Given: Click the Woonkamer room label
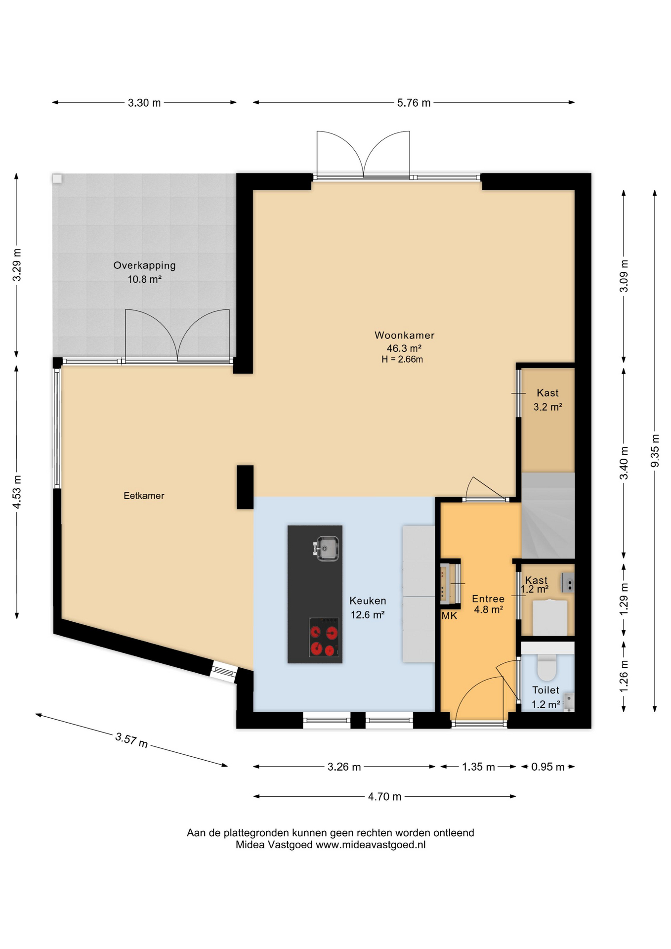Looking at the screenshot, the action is click(404, 335).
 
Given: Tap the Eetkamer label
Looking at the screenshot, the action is click(144, 496).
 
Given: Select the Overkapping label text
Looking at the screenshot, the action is click(144, 265).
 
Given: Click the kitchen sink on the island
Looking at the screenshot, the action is click(326, 548).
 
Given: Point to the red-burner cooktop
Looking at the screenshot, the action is click(324, 637).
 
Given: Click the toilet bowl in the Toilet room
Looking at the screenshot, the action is click(546, 667).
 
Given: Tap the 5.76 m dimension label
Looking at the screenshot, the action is click(414, 103).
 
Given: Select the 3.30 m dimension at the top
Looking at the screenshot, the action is click(144, 103).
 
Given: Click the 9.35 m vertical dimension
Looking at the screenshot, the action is click(655, 450).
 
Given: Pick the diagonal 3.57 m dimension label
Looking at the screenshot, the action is click(131, 740).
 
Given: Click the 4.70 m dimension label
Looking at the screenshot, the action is click(384, 797).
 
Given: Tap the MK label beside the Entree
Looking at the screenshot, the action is click(449, 616).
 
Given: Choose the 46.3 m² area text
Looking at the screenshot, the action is click(404, 348).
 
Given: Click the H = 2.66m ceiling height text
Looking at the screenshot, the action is click(402, 359).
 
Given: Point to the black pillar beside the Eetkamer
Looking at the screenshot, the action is click(245, 487).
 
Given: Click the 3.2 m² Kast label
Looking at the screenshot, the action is click(547, 407).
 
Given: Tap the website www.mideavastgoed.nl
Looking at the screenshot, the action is click(371, 845).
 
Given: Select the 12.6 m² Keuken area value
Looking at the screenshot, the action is click(368, 615).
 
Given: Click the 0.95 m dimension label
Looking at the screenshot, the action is click(547, 767).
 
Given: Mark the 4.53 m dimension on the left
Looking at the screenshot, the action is click(17, 492).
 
